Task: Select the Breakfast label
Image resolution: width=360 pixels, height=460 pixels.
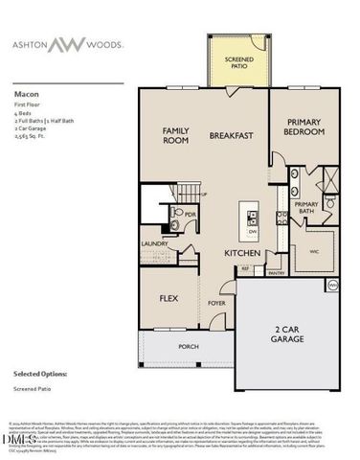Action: [232, 136]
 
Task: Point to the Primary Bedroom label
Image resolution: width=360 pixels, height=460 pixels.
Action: [305, 130]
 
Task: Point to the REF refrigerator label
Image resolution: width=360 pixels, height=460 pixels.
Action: [244, 269]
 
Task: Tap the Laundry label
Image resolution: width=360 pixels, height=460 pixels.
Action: [154, 244]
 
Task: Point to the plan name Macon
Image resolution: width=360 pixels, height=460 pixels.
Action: [25, 96]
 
